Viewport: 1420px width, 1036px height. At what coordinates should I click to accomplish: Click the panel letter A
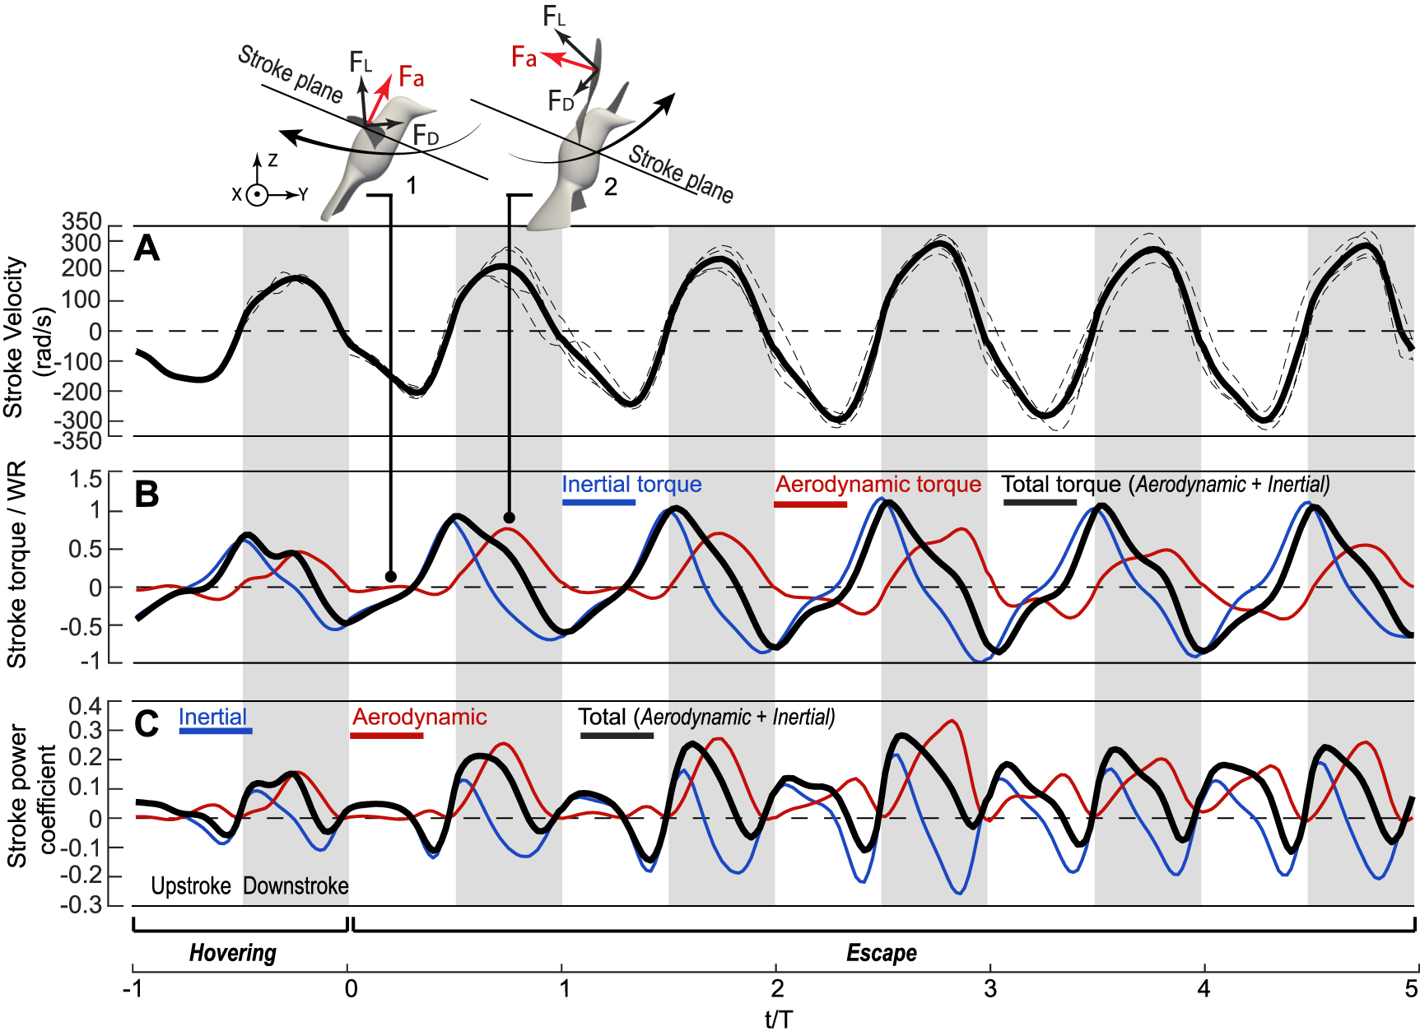point(147,248)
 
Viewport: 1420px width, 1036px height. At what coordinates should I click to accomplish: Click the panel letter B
point(147,495)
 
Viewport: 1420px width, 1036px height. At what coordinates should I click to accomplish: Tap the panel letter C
point(147,724)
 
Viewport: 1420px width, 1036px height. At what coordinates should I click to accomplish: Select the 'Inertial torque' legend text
point(631,485)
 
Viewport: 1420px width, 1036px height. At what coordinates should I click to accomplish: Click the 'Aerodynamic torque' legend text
point(878,485)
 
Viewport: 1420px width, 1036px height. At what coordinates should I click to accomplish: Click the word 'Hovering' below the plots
point(233,953)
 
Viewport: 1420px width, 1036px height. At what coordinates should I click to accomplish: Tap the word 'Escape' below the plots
point(882,953)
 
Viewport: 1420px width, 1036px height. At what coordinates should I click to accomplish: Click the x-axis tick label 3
point(990,988)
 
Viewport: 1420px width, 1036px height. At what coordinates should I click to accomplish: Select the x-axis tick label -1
point(132,988)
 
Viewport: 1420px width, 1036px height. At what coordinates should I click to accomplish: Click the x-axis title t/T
point(778,1020)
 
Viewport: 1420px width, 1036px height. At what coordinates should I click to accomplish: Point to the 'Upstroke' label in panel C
point(191,886)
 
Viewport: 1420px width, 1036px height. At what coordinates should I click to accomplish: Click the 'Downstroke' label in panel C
point(296,886)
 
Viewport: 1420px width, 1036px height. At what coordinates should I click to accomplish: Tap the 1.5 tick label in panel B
point(86,480)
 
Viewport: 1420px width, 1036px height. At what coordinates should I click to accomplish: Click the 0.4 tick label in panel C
point(86,707)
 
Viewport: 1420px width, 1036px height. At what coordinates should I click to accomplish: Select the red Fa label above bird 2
point(524,58)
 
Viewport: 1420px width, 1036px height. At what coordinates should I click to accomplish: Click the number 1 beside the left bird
point(412,185)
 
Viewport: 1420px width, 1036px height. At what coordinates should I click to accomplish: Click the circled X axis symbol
point(258,196)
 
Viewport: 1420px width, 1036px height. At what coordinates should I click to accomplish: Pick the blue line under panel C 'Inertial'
point(216,731)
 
